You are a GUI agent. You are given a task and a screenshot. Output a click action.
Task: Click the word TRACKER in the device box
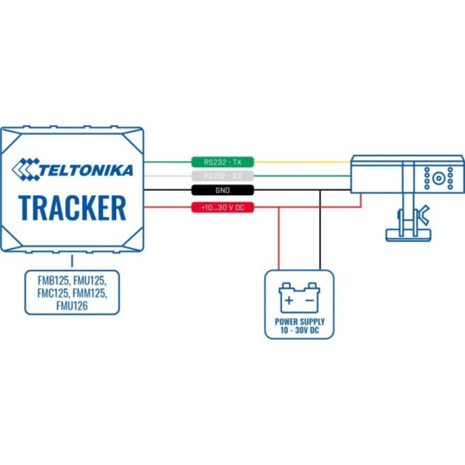(73, 208)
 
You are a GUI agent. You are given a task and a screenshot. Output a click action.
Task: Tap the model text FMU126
(72, 306)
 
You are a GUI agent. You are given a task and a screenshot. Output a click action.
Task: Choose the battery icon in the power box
(299, 299)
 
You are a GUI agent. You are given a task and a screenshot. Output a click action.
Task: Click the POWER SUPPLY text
(299, 322)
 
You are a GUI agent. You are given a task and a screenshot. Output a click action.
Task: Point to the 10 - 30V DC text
(299, 331)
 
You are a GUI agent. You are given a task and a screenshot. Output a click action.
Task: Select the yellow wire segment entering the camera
(302, 162)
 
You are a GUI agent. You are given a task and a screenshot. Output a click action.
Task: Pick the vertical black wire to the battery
(320, 230)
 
